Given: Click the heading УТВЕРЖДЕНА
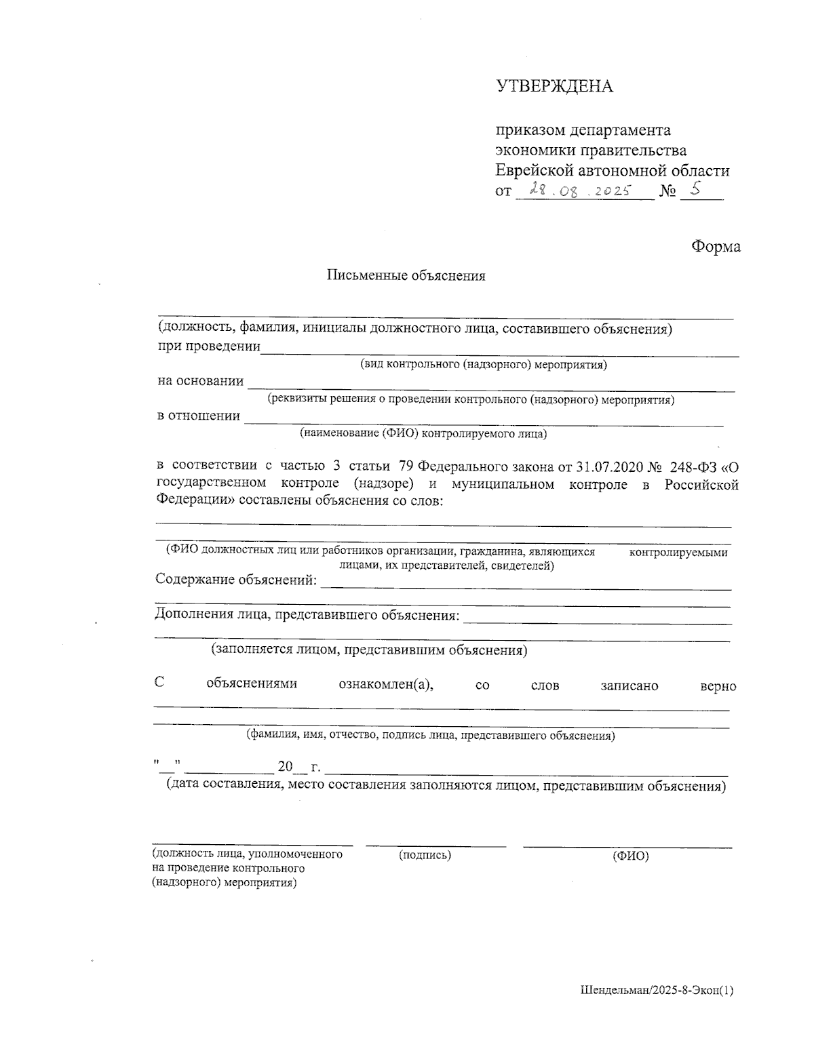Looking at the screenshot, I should pyautogui.click(x=554, y=87).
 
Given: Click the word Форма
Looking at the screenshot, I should pyautogui.click(x=716, y=247).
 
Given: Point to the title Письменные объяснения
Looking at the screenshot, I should pyautogui.click(x=406, y=276).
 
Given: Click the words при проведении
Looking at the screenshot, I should pyautogui.click(x=209, y=346).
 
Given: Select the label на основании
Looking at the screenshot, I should pyautogui.click(x=200, y=381).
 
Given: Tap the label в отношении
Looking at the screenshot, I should pyautogui.click(x=198, y=416).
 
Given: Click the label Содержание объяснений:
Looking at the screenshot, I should pyautogui.click(x=236, y=580).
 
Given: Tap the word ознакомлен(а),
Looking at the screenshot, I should pyautogui.click(x=385, y=684).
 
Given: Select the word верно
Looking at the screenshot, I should pyautogui.click(x=718, y=686).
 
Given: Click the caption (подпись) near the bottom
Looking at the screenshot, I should pyautogui.click(x=425, y=855).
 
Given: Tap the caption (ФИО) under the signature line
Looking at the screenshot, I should pyautogui.click(x=630, y=856).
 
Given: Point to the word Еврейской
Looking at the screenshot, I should pyautogui.click(x=535, y=171).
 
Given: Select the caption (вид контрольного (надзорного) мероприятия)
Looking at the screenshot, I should pyautogui.click(x=483, y=364).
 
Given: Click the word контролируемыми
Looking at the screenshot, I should pyautogui.click(x=678, y=553).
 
